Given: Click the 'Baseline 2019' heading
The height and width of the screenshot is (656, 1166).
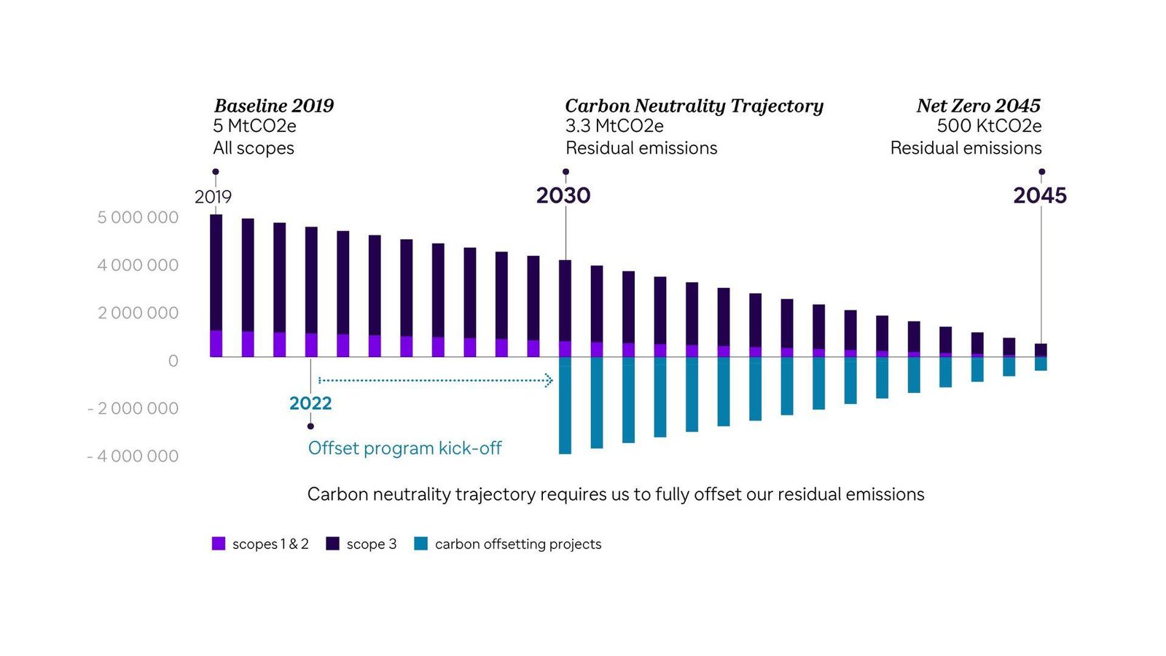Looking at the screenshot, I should [x=273, y=106].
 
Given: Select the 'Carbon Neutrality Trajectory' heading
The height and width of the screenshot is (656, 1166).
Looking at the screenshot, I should [x=694, y=106].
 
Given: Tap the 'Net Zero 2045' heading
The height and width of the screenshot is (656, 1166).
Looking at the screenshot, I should [x=978, y=106].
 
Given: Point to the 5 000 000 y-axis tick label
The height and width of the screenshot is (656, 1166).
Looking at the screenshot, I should [x=138, y=217].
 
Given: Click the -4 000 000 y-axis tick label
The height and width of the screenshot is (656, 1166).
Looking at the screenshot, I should [x=133, y=456].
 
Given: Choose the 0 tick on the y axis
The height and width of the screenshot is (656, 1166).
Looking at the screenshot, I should [x=173, y=361].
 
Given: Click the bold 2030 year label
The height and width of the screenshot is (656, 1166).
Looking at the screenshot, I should [x=563, y=195].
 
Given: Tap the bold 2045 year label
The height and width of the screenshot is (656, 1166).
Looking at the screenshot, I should [x=1039, y=195].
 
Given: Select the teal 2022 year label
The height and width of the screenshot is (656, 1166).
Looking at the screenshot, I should [x=310, y=403].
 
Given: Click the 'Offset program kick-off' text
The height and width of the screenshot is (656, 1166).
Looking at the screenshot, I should [x=404, y=448].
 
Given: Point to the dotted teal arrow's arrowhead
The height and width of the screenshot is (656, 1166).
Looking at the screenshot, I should [x=549, y=380].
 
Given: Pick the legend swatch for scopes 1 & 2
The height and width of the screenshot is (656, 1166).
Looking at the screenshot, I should [x=219, y=544].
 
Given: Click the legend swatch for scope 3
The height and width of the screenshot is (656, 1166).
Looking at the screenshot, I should [x=333, y=544].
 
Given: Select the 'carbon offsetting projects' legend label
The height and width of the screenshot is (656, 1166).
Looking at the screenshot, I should [x=517, y=544].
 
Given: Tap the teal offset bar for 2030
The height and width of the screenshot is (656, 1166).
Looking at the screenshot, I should [x=565, y=405].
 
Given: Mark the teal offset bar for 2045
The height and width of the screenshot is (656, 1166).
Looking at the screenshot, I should [x=1041, y=364].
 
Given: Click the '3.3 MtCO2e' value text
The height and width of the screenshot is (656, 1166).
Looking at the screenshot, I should [x=614, y=126].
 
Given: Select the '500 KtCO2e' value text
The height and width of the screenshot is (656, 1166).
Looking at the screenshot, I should [x=989, y=126].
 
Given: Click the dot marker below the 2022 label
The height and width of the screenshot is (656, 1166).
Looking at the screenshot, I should [x=310, y=426].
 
